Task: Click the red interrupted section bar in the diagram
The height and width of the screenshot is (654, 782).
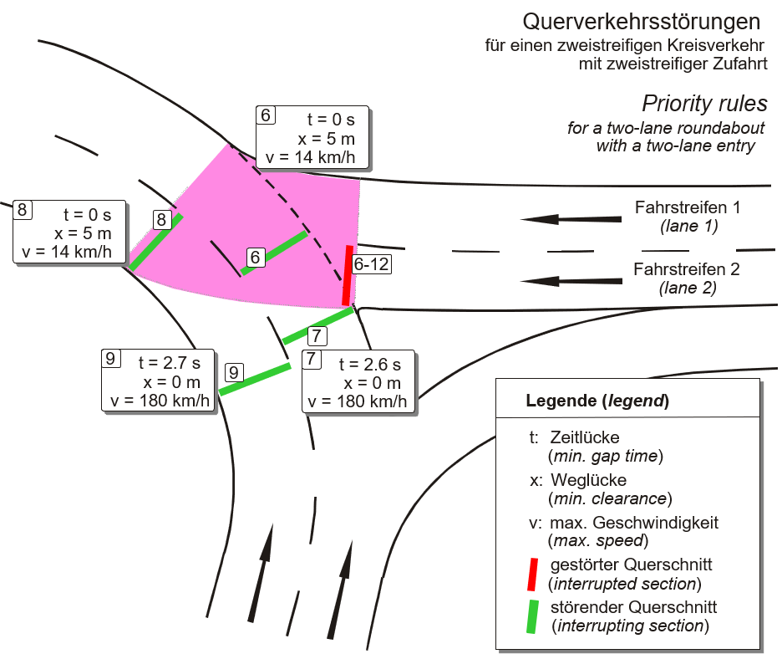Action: tap(346, 276)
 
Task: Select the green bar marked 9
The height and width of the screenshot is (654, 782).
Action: tap(255, 379)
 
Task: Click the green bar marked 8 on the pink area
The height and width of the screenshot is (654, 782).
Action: tap(155, 243)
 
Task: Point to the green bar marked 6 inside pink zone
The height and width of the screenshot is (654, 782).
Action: tap(275, 252)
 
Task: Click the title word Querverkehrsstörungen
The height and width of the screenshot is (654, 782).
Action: tap(641, 21)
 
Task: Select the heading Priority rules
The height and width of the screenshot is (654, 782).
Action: tap(703, 105)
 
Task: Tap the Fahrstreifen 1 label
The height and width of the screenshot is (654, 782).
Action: tap(687, 207)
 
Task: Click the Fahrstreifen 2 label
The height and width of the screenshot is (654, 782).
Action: tap(686, 269)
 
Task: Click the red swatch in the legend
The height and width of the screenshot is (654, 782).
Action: tap(531, 573)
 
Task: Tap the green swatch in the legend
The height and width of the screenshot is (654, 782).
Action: tap(532, 616)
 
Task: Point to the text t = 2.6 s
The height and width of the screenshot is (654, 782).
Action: tap(370, 365)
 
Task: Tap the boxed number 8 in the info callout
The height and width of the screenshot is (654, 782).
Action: tap(23, 209)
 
